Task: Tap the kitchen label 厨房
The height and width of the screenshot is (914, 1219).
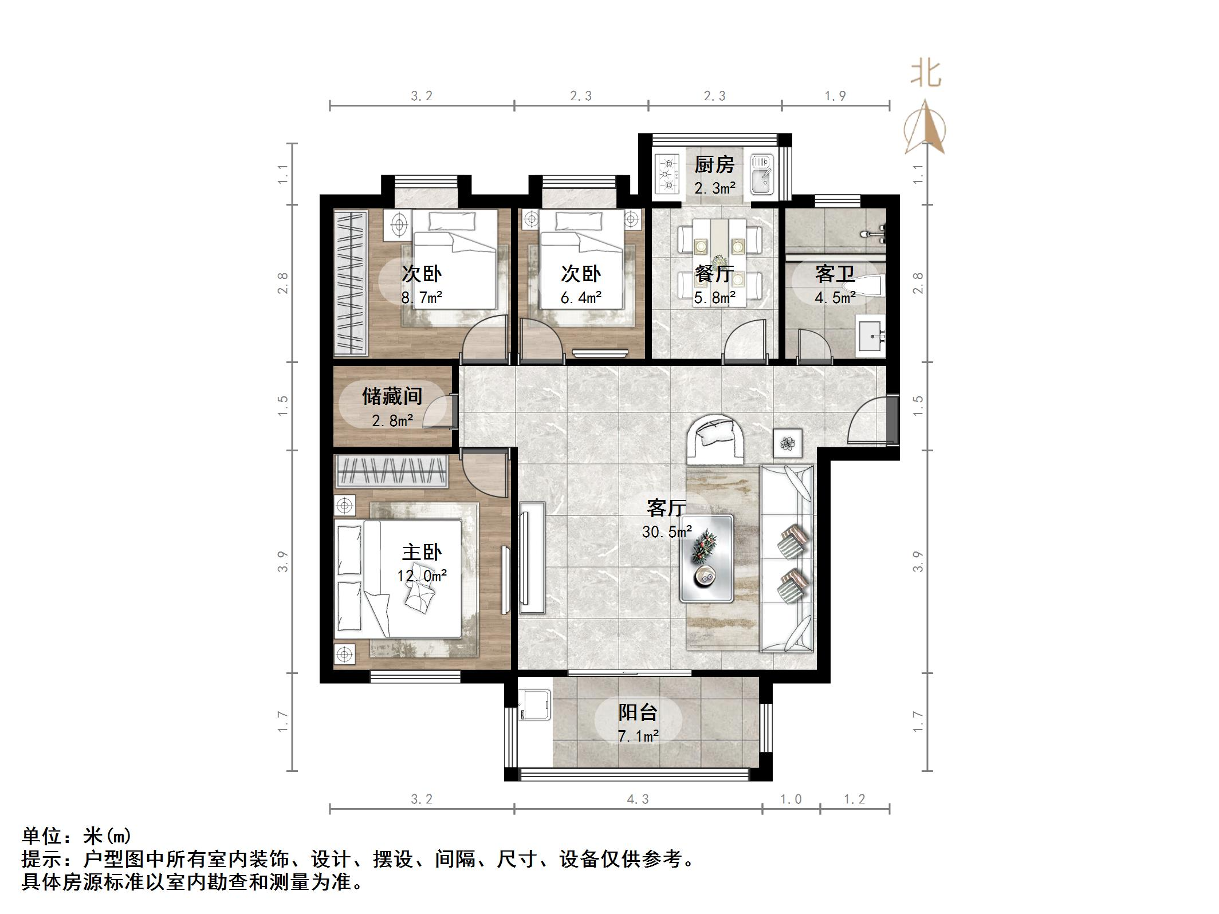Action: click(714, 165)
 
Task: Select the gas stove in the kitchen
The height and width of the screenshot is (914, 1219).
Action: click(667, 174)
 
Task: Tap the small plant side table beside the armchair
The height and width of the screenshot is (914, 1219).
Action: click(788, 443)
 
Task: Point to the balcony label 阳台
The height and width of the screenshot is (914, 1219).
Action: click(638, 712)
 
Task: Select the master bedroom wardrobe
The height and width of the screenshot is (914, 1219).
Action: click(391, 471)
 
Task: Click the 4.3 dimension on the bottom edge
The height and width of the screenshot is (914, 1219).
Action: click(638, 799)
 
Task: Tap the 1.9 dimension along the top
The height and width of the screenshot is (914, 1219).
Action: click(835, 96)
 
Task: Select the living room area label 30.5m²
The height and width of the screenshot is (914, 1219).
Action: click(667, 532)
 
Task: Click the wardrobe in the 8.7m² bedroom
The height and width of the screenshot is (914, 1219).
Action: click(351, 283)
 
